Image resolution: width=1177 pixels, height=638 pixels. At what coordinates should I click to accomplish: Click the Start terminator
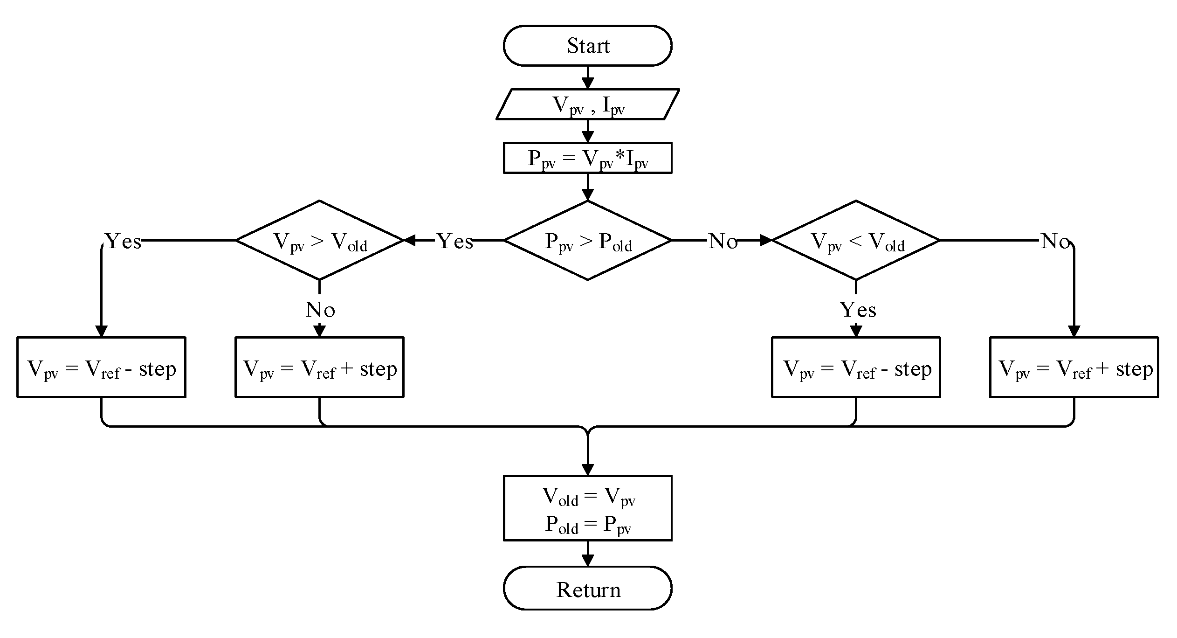pyautogui.click(x=587, y=46)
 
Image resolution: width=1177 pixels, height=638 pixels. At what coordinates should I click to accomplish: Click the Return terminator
pyautogui.click(x=587, y=589)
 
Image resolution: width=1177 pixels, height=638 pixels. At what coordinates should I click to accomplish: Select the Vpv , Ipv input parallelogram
pyautogui.click(x=587, y=104)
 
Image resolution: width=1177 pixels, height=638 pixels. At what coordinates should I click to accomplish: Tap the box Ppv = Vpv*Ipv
pyautogui.click(x=587, y=158)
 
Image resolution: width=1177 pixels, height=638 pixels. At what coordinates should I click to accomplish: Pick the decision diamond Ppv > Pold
pyautogui.click(x=587, y=241)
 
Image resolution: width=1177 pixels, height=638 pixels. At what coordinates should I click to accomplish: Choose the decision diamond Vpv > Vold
pyautogui.click(x=319, y=241)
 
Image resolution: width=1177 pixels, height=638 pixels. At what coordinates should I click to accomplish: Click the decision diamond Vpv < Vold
pyautogui.click(x=856, y=241)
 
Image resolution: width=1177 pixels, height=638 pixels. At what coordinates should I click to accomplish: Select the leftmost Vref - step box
pyautogui.click(x=101, y=368)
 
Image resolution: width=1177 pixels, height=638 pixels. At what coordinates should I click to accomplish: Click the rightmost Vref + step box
pyautogui.click(x=1074, y=368)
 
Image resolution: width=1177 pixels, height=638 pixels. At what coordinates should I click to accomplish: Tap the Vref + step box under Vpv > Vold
pyautogui.click(x=319, y=368)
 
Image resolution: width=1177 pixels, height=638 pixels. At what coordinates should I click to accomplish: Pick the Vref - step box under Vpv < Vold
pyautogui.click(x=856, y=368)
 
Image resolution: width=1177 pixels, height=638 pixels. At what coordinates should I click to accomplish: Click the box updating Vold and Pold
pyautogui.click(x=587, y=508)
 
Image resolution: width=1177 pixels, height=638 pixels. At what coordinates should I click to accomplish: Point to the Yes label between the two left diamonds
pyautogui.click(x=455, y=241)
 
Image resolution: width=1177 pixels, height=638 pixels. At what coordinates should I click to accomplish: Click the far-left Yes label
pyautogui.click(x=123, y=241)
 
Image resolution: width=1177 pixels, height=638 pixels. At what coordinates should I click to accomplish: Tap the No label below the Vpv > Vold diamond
pyautogui.click(x=320, y=310)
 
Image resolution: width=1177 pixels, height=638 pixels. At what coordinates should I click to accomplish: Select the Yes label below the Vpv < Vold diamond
pyautogui.click(x=858, y=310)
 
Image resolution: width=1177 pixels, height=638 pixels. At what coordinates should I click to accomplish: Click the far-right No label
pyautogui.click(x=1055, y=241)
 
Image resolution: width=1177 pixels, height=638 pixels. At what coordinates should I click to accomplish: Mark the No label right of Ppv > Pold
pyautogui.click(x=723, y=241)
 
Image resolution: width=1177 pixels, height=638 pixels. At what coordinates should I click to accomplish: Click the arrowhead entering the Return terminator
pyautogui.click(x=588, y=561)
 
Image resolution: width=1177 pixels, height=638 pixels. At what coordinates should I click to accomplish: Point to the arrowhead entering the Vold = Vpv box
pyautogui.click(x=588, y=470)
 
